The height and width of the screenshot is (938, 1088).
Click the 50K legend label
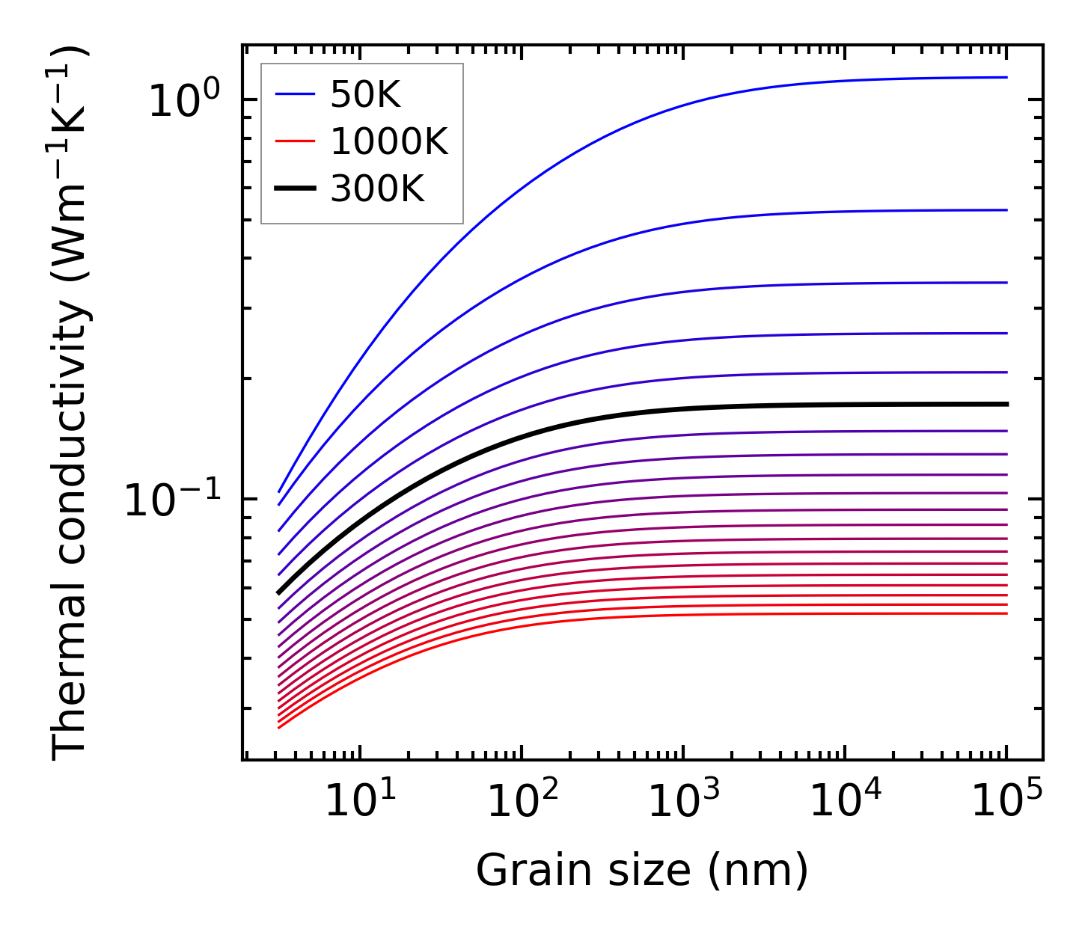pyautogui.click(x=365, y=95)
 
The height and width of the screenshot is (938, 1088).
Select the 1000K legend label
pyautogui.click(x=389, y=142)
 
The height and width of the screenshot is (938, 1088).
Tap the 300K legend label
pyautogui.click(x=377, y=190)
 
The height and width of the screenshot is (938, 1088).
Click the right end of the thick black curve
pyautogui.click(x=1007, y=404)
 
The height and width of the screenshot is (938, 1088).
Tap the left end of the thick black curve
pyautogui.click(x=278, y=593)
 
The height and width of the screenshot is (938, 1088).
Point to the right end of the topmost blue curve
pyautogui.click(x=1007, y=77)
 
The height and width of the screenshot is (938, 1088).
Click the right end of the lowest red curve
pyautogui.click(x=1007, y=613)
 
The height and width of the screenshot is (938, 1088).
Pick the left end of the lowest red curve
pyautogui.click(x=278, y=728)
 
